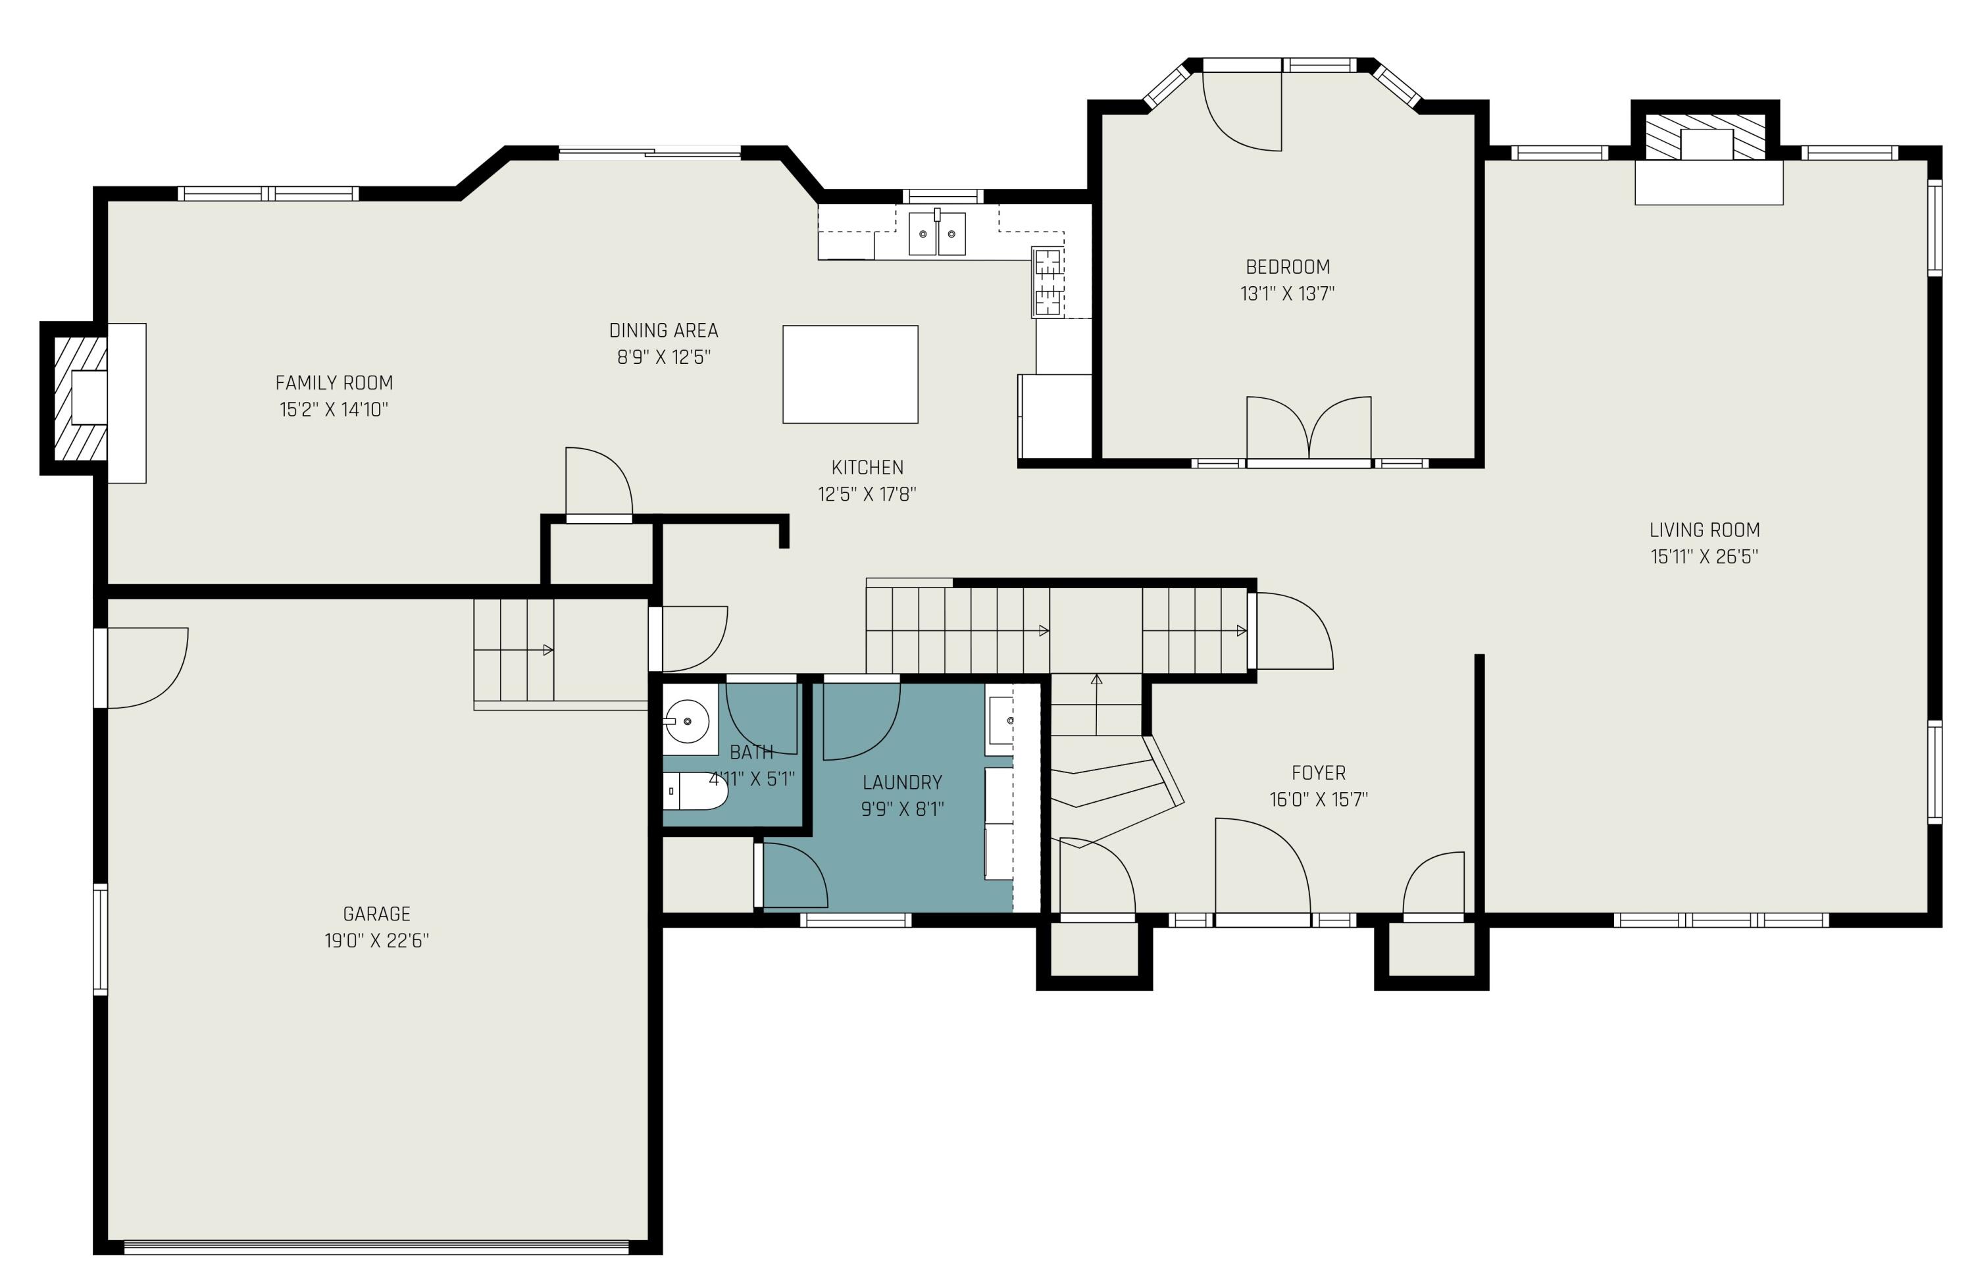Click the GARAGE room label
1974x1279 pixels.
coord(376,913)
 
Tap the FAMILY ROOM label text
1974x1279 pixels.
coord(334,382)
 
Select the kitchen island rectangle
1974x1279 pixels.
coord(850,374)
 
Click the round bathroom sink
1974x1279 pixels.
coord(688,719)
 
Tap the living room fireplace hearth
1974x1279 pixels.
coord(1709,182)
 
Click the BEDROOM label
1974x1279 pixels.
coord(1288,266)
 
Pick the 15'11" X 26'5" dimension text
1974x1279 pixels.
coord(1704,556)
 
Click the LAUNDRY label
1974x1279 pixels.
coord(902,782)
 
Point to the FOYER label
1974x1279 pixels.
coord(1319,773)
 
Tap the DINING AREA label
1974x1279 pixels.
coord(663,330)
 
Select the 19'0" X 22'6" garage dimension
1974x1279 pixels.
coord(376,941)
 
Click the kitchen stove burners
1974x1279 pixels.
coord(1048,282)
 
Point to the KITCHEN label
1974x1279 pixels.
coord(867,467)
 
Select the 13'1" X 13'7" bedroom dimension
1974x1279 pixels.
coord(1287,293)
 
